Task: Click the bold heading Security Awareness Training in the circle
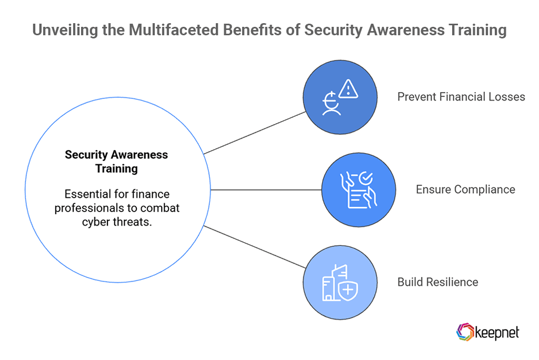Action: click(x=116, y=162)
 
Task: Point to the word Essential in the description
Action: click(x=86, y=195)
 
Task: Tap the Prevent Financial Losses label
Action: click(x=461, y=97)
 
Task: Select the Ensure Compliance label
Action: click(x=465, y=189)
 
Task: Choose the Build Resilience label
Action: click(x=437, y=282)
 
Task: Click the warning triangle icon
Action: click(x=348, y=89)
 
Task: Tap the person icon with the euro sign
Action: click(x=332, y=104)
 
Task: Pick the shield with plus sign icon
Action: click(x=348, y=289)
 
